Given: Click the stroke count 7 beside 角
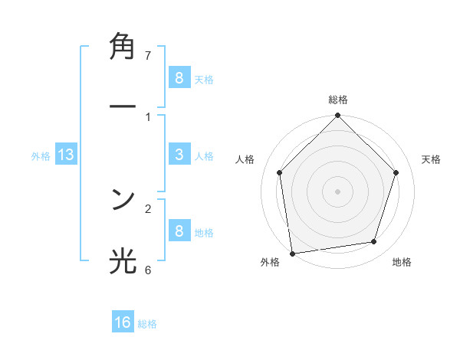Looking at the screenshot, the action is pyautogui.click(x=148, y=55).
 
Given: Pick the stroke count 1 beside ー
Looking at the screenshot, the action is pyautogui.click(x=148, y=116).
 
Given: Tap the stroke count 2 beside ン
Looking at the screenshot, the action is pyautogui.click(x=148, y=208).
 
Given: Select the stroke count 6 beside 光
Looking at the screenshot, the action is pyautogui.click(x=148, y=270).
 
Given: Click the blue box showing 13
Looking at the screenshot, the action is pyautogui.click(x=66, y=155).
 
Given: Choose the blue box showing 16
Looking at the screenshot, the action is pyautogui.click(x=123, y=322).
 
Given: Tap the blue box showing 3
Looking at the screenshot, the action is pyautogui.click(x=179, y=155).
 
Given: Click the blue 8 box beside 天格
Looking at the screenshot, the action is pyautogui.click(x=179, y=77).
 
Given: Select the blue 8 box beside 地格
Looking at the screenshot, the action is pyautogui.click(x=179, y=231).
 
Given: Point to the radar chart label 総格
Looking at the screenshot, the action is pyautogui.click(x=338, y=100).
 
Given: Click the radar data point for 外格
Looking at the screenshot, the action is pyautogui.click(x=292, y=253).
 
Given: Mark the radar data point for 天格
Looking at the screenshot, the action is pyautogui.click(x=396, y=172).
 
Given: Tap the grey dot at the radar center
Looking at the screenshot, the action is pyautogui.click(x=338, y=191).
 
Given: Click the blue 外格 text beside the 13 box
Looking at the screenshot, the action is pyautogui.click(x=41, y=155).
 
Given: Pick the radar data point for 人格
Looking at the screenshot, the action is pyautogui.click(x=280, y=172).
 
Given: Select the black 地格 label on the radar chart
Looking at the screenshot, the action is pyautogui.click(x=402, y=263).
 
